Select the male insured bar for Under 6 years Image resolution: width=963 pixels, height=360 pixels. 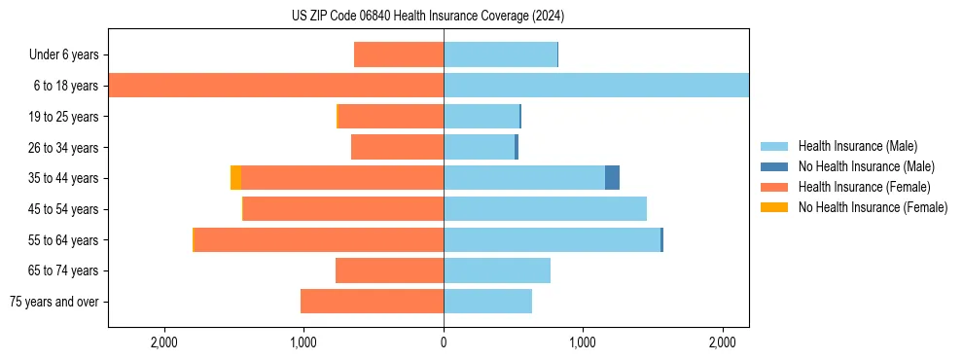pos(500,54)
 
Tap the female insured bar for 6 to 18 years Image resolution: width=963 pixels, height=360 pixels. pos(275,86)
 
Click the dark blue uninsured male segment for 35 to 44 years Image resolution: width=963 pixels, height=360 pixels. pos(612,178)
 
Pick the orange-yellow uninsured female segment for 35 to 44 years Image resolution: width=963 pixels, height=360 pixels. pos(235,178)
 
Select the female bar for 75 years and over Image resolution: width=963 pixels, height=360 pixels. pos(372,302)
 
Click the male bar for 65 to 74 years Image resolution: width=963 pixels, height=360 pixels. pos(497,270)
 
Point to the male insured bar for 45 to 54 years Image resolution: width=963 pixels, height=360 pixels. pos(545,209)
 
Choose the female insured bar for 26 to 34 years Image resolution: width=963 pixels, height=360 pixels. pos(397,147)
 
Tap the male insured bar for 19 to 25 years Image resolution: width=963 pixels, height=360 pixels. pos(481,117)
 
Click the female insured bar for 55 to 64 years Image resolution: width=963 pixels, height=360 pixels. pos(319,239)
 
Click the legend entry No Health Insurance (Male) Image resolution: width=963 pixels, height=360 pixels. pos(860,166)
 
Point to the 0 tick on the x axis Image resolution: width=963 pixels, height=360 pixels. pos(444,342)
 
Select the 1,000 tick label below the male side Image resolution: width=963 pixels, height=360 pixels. pos(583,342)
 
